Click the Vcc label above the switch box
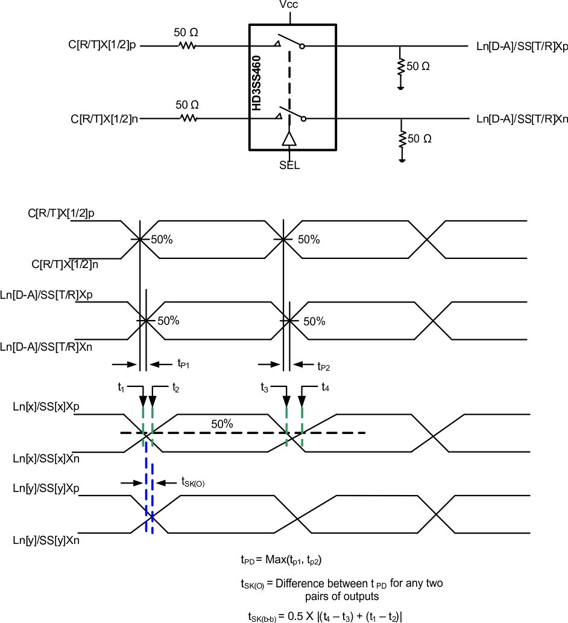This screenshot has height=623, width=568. (289, 5)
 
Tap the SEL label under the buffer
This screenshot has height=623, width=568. (289, 165)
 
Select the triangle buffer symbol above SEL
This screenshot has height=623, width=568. (289, 139)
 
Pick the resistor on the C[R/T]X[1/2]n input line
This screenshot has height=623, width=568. (188, 119)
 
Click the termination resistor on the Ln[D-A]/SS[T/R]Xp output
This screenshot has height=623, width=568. (400, 66)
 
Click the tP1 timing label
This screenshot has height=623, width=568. (183, 363)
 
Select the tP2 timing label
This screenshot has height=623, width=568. (324, 365)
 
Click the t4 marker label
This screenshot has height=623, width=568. (325, 387)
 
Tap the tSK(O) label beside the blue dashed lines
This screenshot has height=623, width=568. (193, 482)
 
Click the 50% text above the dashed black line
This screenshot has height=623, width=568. (222, 424)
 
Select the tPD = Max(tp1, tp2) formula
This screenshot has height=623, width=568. (280, 560)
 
